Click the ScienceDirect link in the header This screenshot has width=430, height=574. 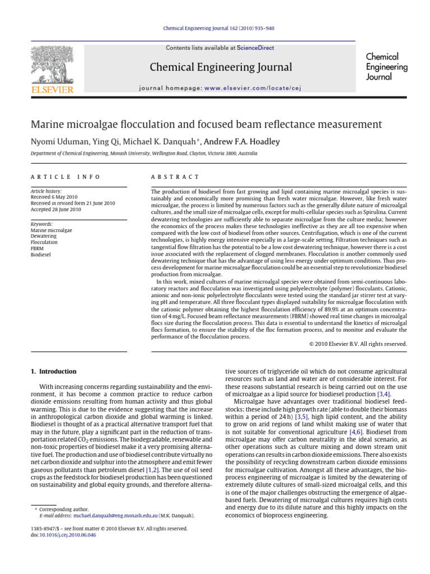(x=255, y=48)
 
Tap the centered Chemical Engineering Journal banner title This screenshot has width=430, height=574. (x=221, y=68)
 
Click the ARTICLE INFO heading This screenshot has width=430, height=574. (x=65, y=177)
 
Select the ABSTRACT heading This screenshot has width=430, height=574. (x=175, y=177)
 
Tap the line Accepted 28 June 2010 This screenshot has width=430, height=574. (x=55, y=210)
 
